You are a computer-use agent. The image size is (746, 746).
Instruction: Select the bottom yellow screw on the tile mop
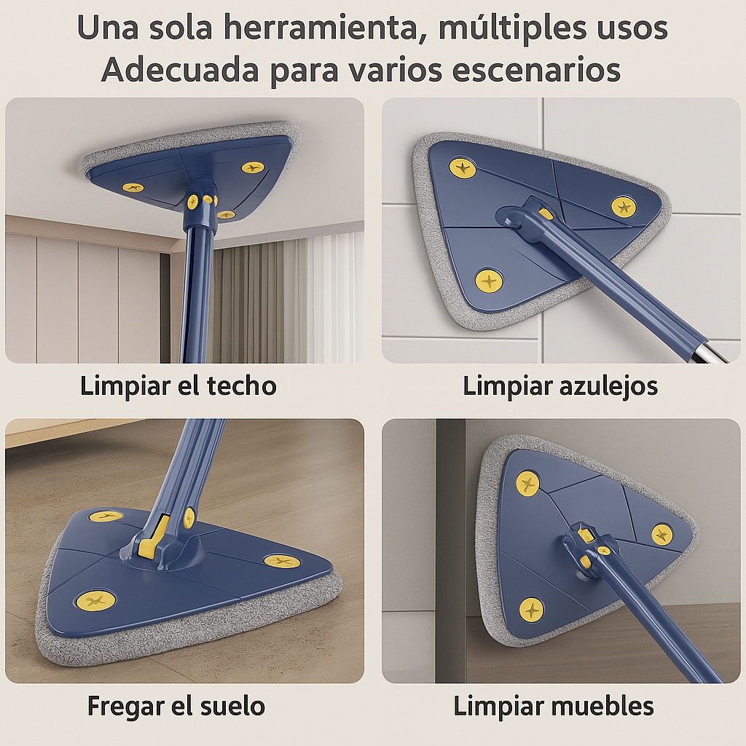coord(489,280)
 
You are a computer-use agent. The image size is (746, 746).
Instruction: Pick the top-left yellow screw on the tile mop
coord(463,168)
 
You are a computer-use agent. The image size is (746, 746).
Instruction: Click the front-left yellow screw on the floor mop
coord(96,600)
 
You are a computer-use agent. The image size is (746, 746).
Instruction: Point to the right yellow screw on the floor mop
coord(281,561)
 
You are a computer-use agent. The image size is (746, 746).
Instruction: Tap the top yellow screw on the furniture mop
coord(527,483)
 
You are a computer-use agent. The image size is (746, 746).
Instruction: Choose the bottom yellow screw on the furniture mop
coord(531,608)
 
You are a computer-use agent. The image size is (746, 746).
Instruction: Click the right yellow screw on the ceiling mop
coord(253,168)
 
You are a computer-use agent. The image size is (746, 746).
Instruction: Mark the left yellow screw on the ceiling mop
coord(133,187)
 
